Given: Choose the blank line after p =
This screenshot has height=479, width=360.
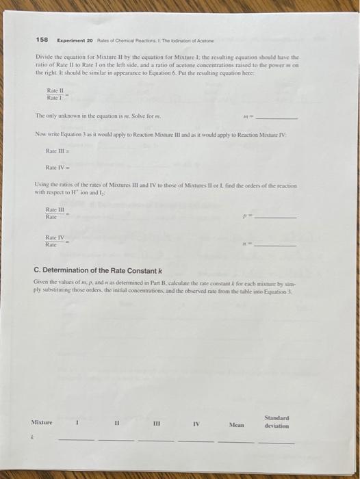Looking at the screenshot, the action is [277, 217].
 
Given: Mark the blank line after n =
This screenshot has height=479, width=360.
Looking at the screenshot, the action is [277, 245].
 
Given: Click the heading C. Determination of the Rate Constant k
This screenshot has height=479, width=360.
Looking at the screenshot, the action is [105, 271].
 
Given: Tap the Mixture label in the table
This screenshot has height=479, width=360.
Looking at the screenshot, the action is [42, 422].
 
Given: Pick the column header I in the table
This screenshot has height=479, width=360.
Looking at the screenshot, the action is [78, 422].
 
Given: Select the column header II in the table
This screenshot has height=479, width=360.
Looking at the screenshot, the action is [118, 422].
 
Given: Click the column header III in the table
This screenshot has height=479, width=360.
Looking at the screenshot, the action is [157, 423].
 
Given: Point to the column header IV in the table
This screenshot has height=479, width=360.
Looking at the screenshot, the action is [196, 423].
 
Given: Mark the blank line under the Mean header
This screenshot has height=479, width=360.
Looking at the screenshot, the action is [236, 441].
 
